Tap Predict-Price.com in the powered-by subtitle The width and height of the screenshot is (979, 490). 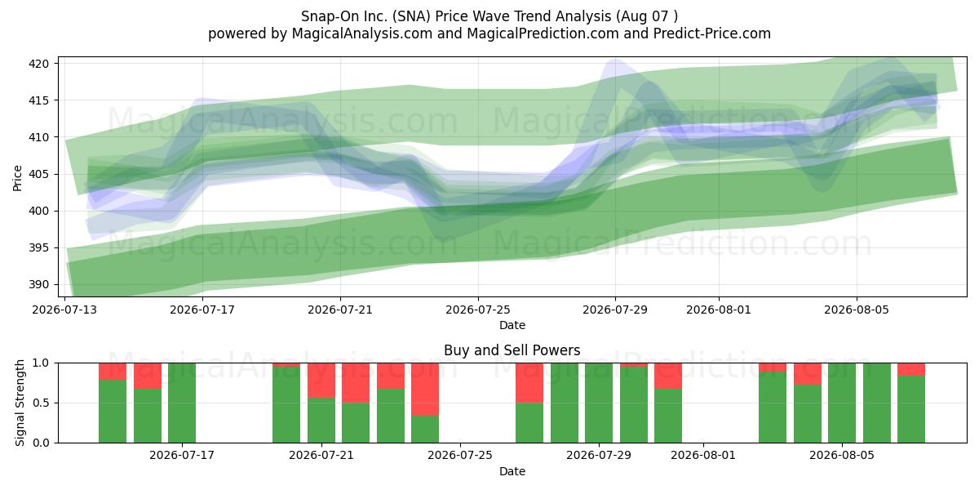pyautogui.click(x=712, y=33)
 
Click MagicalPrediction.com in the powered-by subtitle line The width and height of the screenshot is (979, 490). pyautogui.click(x=543, y=33)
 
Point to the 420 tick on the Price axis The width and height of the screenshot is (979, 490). pyautogui.click(x=38, y=64)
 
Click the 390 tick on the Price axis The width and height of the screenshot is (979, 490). pyautogui.click(x=38, y=285)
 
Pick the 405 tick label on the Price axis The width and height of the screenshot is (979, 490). pyautogui.click(x=38, y=175)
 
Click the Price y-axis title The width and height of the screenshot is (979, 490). pyautogui.click(x=17, y=178)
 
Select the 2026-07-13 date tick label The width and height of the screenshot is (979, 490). pyautogui.click(x=64, y=310)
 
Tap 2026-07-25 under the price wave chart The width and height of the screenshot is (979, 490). pyautogui.click(x=478, y=310)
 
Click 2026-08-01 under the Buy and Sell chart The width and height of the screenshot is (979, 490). pyautogui.click(x=703, y=455)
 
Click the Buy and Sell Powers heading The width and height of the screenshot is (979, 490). pyautogui.click(x=512, y=350)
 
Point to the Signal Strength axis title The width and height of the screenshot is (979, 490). pyautogui.click(x=20, y=403)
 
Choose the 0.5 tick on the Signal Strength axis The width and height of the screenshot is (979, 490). pyautogui.click(x=41, y=403)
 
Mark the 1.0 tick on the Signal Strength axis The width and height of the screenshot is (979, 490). pyautogui.click(x=41, y=363)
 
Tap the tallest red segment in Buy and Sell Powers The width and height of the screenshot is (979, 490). pyautogui.click(x=425, y=390)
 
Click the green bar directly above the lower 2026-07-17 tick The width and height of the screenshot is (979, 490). pyautogui.click(x=182, y=403)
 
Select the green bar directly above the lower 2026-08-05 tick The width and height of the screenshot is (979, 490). pyautogui.click(x=842, y=403)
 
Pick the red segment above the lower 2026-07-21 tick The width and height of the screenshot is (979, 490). pyautogui.click(x=321, y=381)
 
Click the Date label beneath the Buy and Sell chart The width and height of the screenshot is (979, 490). pyautogui.click(x=512, y=471)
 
